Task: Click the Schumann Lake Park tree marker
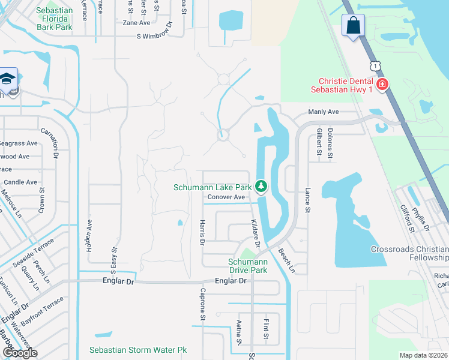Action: coord(261,187)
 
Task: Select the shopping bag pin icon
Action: coord(352,26)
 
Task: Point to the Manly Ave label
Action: coord(324,112)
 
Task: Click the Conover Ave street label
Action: coord(226,197)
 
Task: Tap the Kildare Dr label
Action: coord(255,233)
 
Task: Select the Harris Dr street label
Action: coord(202,232)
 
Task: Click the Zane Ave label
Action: coord(136,23)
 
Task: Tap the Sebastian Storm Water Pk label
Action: coord(139,350)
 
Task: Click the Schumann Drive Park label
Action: coord(247,266)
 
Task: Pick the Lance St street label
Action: coord(307,200)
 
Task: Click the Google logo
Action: coord(19,353)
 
